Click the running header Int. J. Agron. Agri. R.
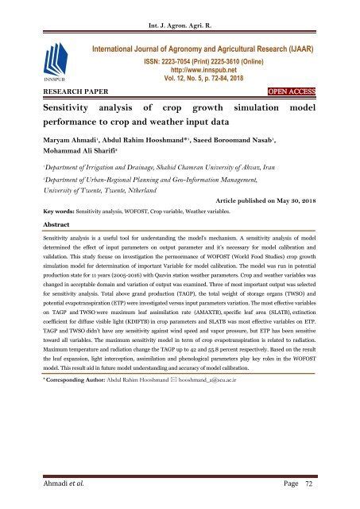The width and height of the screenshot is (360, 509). click(180, 10)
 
